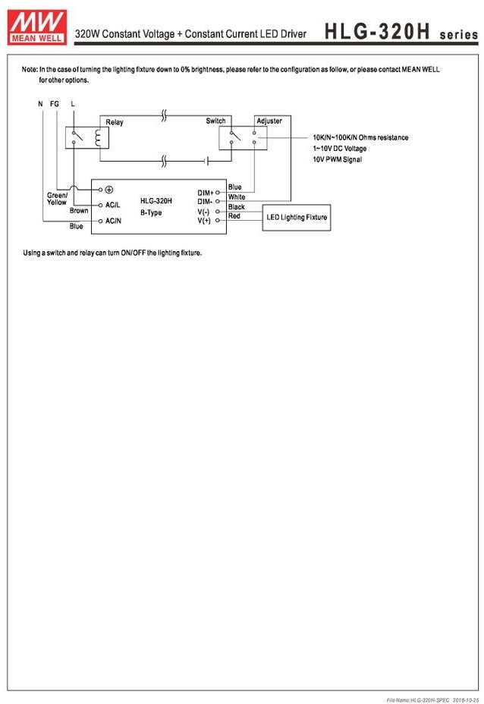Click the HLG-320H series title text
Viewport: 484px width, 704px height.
(x=401, y=32)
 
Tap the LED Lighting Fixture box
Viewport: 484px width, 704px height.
(x=297, y=217)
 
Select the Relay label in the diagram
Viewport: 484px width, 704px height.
(x=114, y=122)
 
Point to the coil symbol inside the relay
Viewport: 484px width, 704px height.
(x=97, y=137)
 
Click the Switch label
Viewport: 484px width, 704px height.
(x=215, y=121)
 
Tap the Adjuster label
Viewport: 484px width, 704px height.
(x=269, y=121)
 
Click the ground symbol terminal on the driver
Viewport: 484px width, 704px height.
(x=108, y=190)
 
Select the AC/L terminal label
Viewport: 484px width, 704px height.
(x=113, y=205)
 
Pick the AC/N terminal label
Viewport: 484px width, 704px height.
(x=113, y=220)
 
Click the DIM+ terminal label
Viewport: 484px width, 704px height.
(x=206, y=193)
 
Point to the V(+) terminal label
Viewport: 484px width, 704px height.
(x=205, y=220)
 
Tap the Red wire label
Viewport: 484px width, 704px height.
(x=234, y=216)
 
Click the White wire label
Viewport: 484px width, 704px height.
(x=237, y=197)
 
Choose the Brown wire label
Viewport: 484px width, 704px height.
(x=79, y=211)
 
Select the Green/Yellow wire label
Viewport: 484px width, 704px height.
(x=57, y=199)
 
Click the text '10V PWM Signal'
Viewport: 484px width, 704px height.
(x=338, y=159)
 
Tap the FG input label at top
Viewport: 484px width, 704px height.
(x=55, y=103)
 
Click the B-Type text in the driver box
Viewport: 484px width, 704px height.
(x=151, y=212)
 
